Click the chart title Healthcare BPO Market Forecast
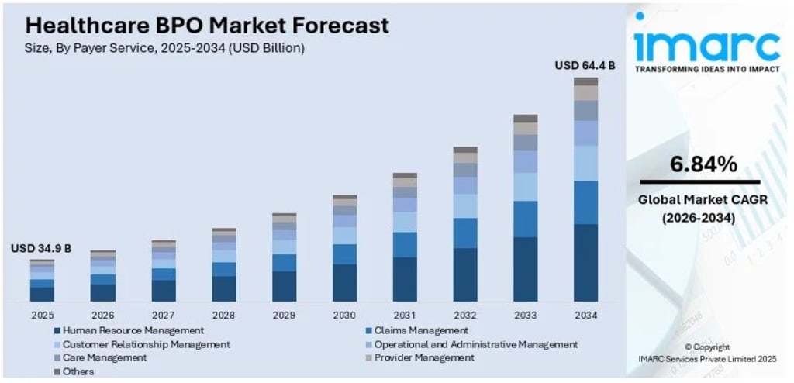(207, 25)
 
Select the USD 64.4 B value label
(585, 66)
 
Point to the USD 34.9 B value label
(41, 248)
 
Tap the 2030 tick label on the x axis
(344, 316)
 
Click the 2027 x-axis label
(163, 316)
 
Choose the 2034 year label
(585, 316)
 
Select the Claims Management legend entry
(421, 330)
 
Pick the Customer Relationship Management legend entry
(146, 344)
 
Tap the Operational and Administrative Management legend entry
(475, 344)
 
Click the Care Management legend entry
(105, 358)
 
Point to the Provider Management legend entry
(423, 358)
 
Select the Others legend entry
(78, 372)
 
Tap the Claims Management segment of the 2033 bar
(525, 219)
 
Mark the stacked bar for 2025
(43, 281)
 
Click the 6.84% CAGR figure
(703, 164)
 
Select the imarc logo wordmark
(706, 47)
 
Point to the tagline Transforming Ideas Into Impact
(706, 69)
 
